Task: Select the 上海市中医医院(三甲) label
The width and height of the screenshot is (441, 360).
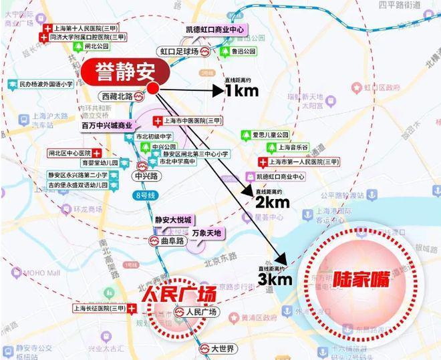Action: (x=192, y=121)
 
